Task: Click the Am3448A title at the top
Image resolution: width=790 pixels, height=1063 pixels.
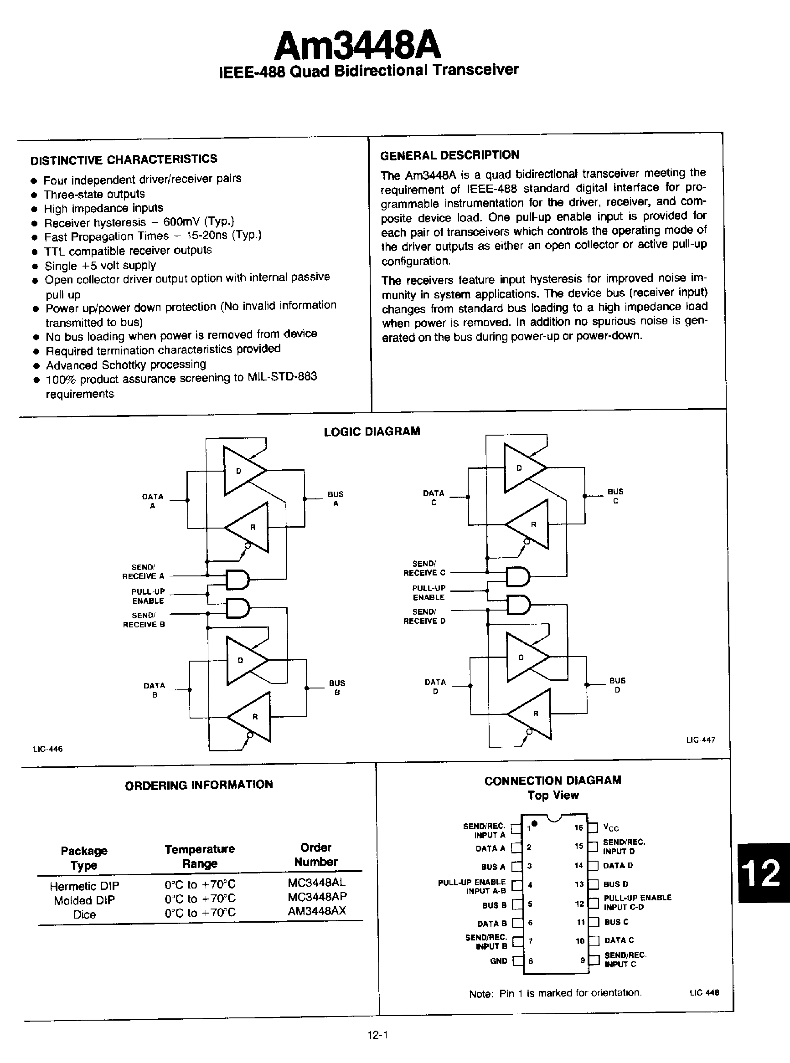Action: pos(358,46)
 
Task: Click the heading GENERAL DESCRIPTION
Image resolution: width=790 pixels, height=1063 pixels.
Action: pos(449,155)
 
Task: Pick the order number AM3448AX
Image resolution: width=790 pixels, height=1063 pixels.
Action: pos(316,910)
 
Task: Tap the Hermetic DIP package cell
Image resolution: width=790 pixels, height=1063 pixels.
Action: pos(84,886)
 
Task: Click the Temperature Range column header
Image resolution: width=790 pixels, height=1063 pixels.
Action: pos(199,856)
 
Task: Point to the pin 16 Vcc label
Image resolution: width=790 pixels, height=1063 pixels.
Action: pos(611,827)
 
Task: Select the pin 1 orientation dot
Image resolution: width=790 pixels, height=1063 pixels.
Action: pos(535,823)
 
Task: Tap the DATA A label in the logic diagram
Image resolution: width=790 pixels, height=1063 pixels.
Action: pos(153,501)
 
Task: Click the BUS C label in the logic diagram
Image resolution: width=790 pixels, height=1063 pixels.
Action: pos(615,496)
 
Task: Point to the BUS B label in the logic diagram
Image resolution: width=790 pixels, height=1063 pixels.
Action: pos(337,687)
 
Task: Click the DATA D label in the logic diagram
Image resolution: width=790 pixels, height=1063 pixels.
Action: pos(435,686)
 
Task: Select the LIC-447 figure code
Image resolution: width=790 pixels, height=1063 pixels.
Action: pos(701,740)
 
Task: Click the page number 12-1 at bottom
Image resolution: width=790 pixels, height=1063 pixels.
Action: pos(377,1035)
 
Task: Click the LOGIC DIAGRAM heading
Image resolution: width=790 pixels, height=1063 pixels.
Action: pos(372,431)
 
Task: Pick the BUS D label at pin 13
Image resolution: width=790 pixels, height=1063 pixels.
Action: pos(616,884)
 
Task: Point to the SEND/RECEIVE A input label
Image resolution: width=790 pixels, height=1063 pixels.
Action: pos(143,572)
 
